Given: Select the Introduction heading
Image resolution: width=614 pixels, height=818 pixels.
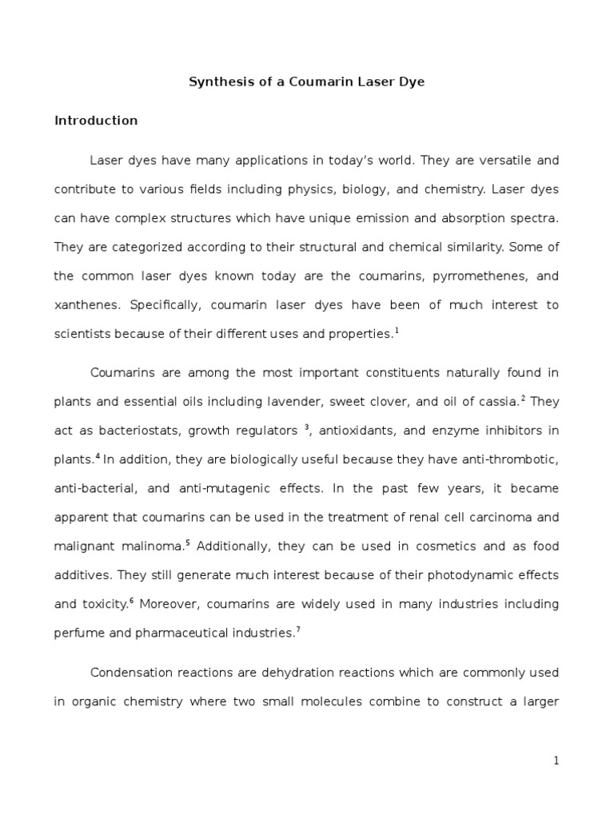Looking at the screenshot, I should [96, 121].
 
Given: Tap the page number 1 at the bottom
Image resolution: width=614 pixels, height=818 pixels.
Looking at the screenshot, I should [556, 761].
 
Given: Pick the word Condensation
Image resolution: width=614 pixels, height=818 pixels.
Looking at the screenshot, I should [128, 673].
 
